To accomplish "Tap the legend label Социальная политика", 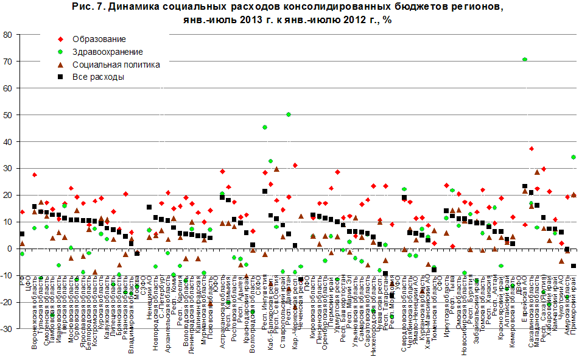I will [116, 65].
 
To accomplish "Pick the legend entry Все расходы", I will [98, 77].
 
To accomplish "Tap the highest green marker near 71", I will [525, 59].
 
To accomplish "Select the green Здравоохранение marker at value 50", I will [289, 115].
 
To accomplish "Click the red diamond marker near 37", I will [531, 149].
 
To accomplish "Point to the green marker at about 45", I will [265, 127].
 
